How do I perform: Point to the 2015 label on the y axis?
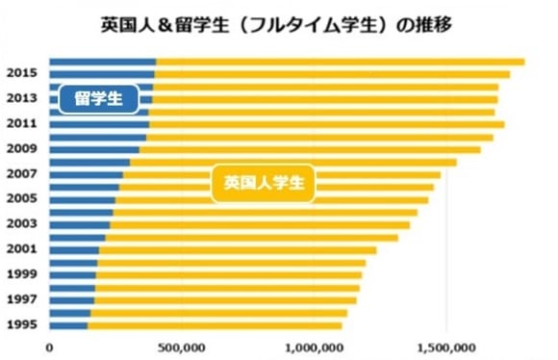21,73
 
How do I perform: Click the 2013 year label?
21,98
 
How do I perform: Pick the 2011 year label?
21,123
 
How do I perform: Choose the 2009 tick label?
21,149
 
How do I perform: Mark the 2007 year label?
21,174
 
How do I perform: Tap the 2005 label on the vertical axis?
21,199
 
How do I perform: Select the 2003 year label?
21,224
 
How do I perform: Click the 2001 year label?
21,249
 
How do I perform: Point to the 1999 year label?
21,274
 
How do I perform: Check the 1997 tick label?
21,299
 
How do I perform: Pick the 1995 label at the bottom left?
21,324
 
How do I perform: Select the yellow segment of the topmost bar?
337,63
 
